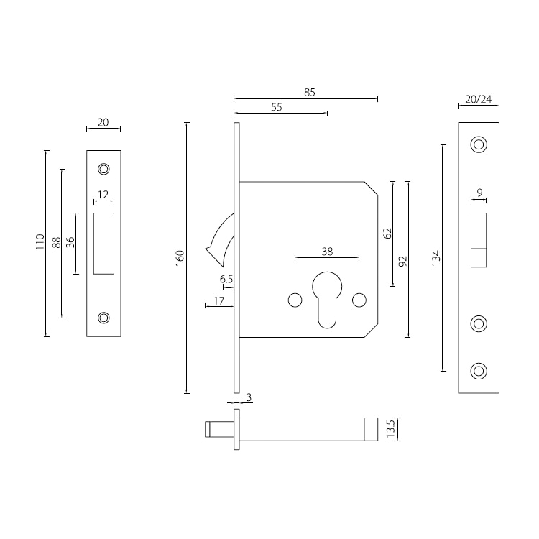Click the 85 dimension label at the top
pos(310,92)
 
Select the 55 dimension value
pos(276,107)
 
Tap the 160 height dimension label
pos(180,258)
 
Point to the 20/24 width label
pos(479,99)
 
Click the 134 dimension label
pos(436,258)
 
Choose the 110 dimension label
pos(40,244)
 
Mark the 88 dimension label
pos(55,242)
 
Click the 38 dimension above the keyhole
pos(327,252)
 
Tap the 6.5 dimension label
pos(225,279)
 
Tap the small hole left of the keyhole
pos(293,299)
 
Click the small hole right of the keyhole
pos(359,299)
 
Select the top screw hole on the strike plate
pos(104,170)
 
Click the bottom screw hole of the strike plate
pos(104,318)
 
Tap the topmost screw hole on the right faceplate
pos(478,144)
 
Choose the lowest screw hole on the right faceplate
pos(478,370)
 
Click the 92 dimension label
pos(403,260)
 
